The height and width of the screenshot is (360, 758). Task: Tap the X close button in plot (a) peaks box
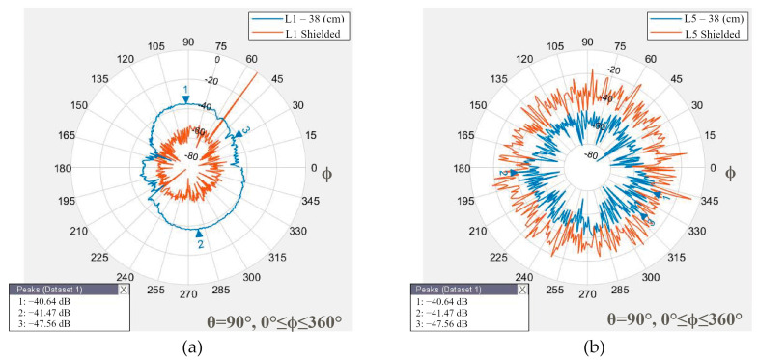point(123,289)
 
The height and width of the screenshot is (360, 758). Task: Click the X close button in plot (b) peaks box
point(522,289)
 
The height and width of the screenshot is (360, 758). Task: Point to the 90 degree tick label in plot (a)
point(189,42)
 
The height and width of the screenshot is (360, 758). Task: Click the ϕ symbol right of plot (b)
point(731,173)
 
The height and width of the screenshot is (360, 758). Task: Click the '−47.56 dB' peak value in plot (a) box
point(55,323)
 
